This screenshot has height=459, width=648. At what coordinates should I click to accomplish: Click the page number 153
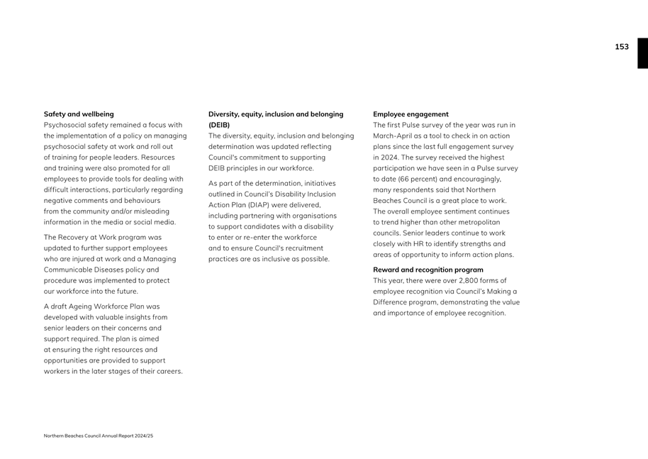621,47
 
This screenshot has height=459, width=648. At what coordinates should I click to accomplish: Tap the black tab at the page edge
642,53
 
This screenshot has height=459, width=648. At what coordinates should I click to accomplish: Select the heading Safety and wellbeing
79,114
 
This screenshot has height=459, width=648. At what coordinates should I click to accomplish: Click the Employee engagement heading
410,114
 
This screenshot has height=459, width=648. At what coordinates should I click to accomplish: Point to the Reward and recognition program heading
428,270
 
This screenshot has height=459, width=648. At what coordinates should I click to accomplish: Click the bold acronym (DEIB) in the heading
219,125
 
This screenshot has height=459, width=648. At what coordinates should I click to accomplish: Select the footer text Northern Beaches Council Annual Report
99,436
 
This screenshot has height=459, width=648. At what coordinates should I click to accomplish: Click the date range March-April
396,136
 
